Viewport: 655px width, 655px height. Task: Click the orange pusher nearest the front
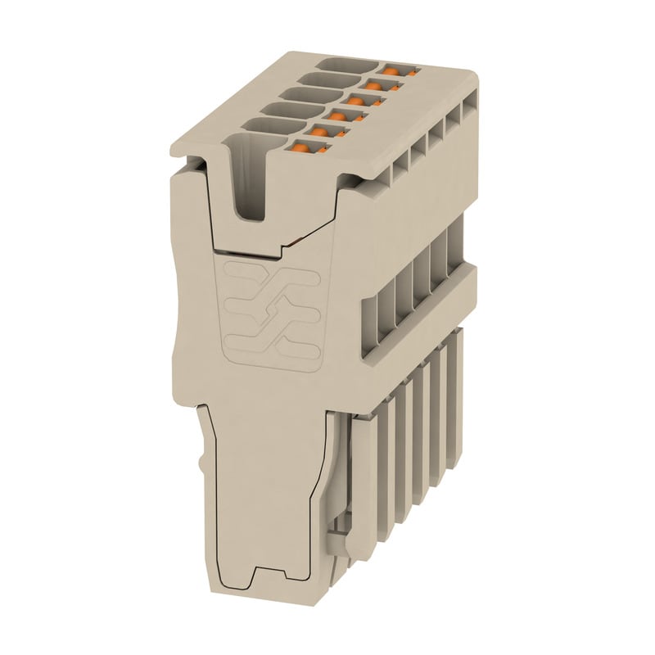(304, 148)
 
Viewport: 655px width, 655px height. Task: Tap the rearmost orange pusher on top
(391, 72)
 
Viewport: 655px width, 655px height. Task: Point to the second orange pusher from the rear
(375, 86)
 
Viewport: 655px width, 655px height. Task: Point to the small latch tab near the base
(337, 541)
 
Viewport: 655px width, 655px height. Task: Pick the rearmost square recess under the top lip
(470, 107)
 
